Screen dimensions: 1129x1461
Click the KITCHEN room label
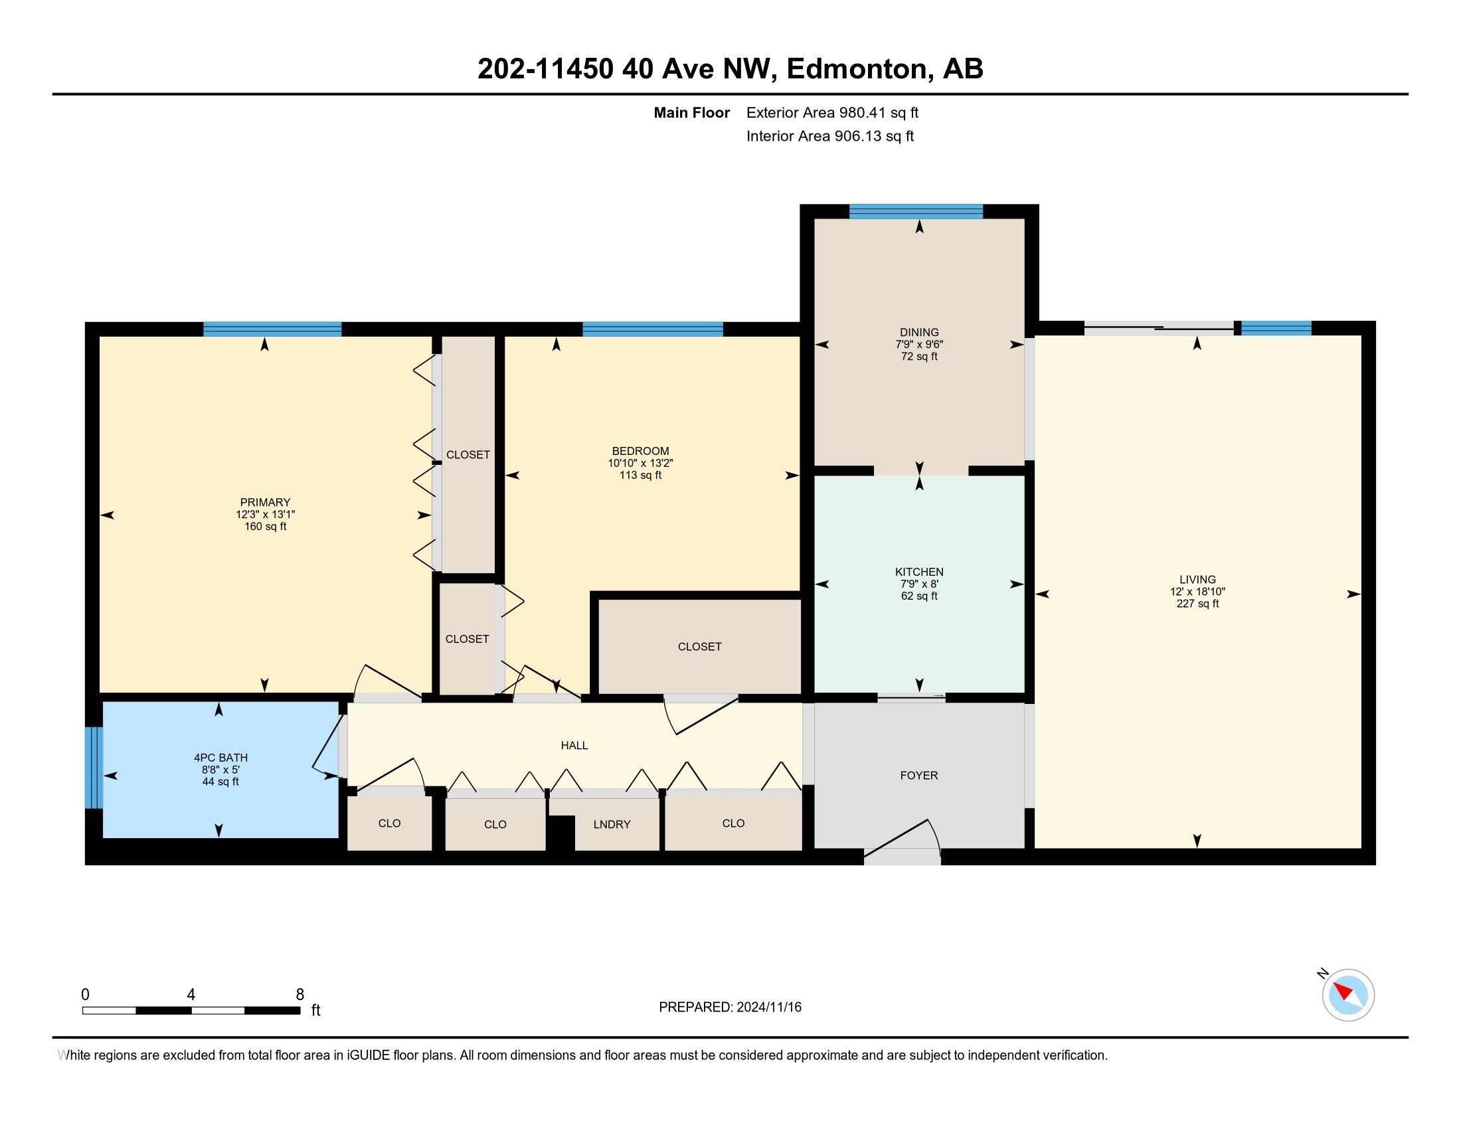pos(918,572)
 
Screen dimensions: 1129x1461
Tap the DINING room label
pos(918,333)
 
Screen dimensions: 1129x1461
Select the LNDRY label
pos(612,825)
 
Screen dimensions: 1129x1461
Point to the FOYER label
pos(918,775)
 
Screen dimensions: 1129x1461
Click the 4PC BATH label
pos(220,758)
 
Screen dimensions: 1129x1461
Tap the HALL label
pos(574,745)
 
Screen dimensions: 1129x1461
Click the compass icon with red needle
pos(1347,995)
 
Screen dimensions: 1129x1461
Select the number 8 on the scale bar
pos(300,994)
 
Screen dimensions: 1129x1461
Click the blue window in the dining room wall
pos(915,212)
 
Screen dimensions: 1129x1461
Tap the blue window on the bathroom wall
pos(94,767)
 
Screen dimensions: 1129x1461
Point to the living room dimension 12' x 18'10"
pos(1197,592)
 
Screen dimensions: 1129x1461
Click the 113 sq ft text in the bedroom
pos(640,476)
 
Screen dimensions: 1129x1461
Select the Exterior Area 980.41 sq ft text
pos(831,113)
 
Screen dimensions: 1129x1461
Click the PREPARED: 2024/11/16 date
pos(729,1007)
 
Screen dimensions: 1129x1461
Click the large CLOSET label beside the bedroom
pos(699,647)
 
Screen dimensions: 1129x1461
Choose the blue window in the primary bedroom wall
pos(272,329)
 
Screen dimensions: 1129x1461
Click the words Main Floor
pos(691,113)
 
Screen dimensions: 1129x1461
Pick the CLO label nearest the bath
pos(388,824)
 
